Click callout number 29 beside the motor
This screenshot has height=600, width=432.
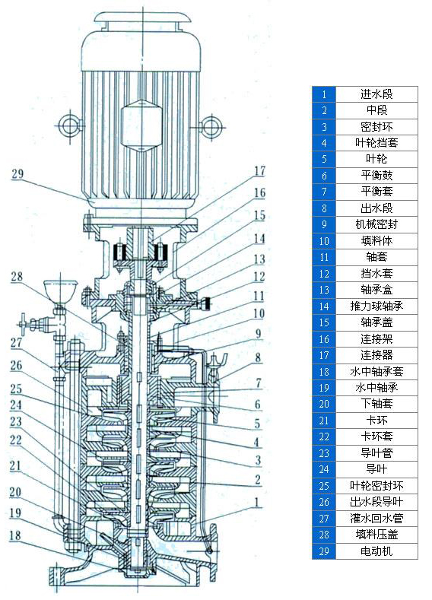click(x=17, y=174)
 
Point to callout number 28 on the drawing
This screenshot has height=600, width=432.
click(x=17, y=278)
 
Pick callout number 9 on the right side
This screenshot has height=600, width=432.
click(x=259, y=332)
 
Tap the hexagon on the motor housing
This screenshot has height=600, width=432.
click(x=141, y=122)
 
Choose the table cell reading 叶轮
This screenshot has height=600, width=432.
click(x=376, y=159)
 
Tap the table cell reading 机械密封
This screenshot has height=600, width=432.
click(x=376, y=224)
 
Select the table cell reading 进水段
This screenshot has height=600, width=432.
click(x=376, y=94)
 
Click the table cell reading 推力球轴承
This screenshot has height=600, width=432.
click(x=376, y=306)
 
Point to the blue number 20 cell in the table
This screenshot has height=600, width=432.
click(x=324, y=404)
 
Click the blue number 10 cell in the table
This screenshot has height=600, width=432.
click(x=324, y=240)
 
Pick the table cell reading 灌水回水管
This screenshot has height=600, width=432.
click(x=376, y=519)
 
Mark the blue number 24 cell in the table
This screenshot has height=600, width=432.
click(x=324, y=469)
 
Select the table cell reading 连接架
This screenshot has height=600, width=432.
click(x=376, y=338)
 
